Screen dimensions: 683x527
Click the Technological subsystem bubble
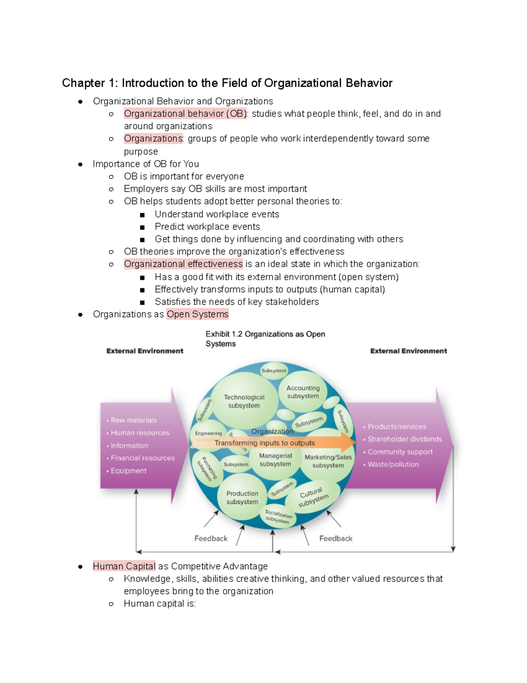tap(244, 401)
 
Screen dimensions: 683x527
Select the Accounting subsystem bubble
tap(303, 392)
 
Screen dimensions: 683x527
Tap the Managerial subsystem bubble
tap(275, 460)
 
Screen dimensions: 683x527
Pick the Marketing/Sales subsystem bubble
tap(328, 461)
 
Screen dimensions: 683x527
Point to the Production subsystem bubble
tap(242, 497)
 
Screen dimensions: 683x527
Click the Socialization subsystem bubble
tap(278, 517)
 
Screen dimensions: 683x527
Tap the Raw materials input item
tap(134, 420)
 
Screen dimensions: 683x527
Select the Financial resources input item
tap(142, 458)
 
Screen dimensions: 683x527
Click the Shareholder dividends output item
tap(404, 439)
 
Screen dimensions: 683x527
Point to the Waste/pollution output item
tap(393, 464)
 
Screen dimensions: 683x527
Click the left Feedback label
tap(211, 539)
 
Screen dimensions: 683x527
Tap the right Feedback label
tap(336, 539)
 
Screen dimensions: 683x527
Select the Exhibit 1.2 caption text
tap(265, 339)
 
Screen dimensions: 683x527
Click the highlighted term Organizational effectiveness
tap(183, 264)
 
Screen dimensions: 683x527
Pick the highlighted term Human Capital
tap(124, 566)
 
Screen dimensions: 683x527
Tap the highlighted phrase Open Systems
tap(198, 314)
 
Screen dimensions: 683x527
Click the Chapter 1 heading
tap(227, 83)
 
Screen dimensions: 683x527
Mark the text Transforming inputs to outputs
tap(264, 443)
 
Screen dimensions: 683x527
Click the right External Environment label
tap(408, 351)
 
